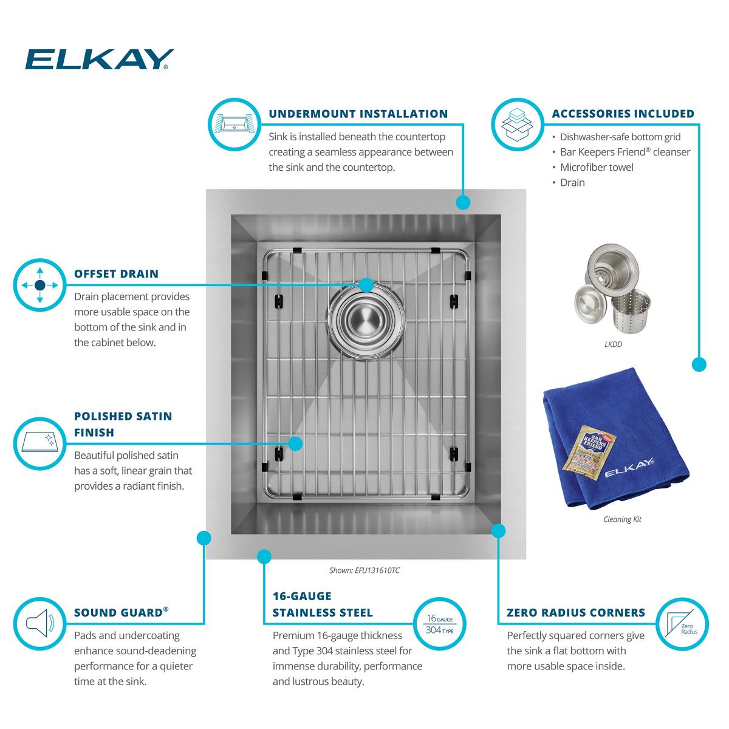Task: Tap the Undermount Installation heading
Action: [358, 114]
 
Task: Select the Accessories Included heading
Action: [623, 114]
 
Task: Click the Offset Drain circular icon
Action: [39, 285]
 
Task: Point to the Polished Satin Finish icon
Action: [39, 443]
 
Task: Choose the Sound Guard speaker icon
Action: [39, 623]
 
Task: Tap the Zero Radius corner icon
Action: [682, 624]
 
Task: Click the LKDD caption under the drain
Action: [613, 344]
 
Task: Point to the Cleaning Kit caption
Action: [622, 519]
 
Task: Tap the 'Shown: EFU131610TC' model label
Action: [364, 570]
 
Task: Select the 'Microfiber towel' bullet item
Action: [596, 167]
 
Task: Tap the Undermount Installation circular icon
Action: [234, 124]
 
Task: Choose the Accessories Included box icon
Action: [516, 124]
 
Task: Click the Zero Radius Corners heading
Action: [576, 612]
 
